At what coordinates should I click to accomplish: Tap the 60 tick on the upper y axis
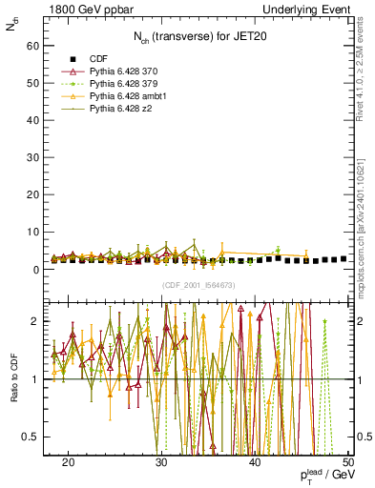tap(35, 45)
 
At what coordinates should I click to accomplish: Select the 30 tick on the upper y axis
tap(35, 157)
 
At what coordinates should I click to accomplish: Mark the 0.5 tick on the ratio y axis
tap(33, 437)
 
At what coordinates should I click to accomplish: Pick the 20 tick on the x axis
tap(68, 462)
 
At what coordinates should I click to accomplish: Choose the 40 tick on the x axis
tap(255, 462)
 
